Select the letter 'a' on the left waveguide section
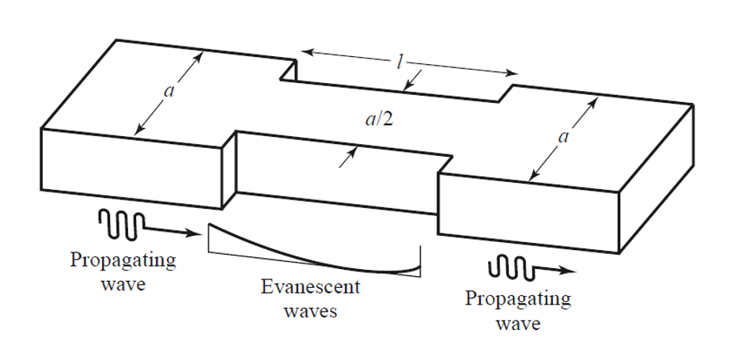[168, 91]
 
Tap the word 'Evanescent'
[310, 287]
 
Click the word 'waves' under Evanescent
[310, 310]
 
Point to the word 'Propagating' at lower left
[123, 262]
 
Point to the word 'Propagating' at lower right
[518, 301]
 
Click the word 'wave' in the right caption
[518, 324]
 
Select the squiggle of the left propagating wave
[120, 222]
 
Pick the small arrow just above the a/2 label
[412, 78]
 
